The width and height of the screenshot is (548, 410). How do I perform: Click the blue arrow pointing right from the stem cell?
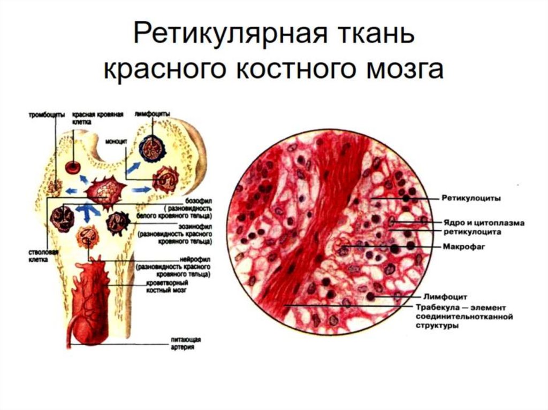141,189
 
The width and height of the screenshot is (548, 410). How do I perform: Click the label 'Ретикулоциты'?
470,198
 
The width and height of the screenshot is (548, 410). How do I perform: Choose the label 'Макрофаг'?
461,247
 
